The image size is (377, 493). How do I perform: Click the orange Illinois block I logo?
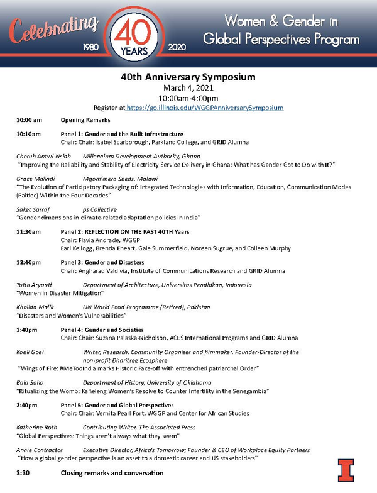[x=346, y=470]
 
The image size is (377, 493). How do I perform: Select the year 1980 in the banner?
[x=92, y=47]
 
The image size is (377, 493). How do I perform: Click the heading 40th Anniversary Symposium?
[x=188, y=77]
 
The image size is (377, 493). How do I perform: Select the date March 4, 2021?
[x=188, y=88]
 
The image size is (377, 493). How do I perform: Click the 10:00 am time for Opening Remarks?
[x=30, y=120]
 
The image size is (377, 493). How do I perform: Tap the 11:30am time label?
[x=29, y=233]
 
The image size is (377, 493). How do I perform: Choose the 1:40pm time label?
[x=28, y=330]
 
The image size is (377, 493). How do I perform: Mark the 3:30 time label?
[x=23, y=472]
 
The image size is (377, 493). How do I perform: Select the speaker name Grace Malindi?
[x=36, y=179]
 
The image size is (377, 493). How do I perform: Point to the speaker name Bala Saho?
[x=30, y=382]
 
